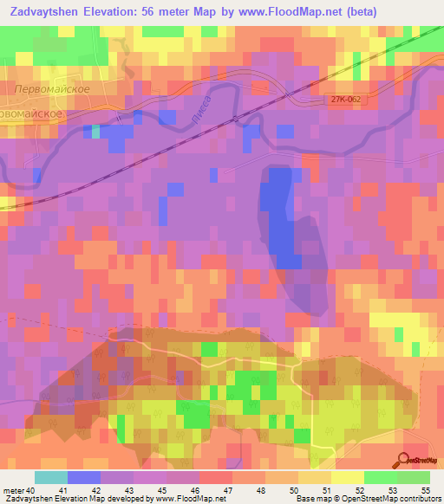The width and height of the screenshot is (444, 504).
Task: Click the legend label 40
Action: click(x=32, y=491)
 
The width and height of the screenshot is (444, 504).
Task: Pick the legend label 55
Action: click(x=426, y=491)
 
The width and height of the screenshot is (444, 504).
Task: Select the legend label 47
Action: click(x=228, y=491)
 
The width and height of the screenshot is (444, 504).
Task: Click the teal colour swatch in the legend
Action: click(x=50, y=478)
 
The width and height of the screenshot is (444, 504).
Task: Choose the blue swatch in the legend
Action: click(x=83, y=478)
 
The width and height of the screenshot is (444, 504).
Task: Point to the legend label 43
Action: click(x=129, y=491)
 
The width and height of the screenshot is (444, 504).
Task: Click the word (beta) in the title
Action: click(x=412, y=12)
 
